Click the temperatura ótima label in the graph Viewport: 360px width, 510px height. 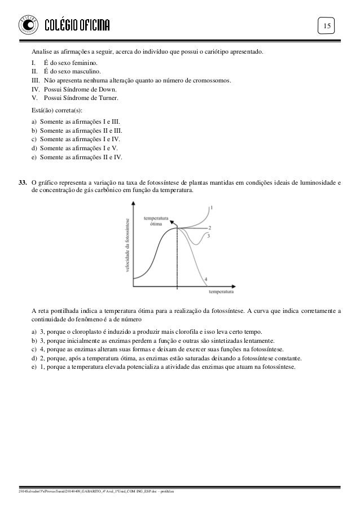(157, 220)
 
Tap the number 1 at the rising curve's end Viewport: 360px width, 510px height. (212, 207)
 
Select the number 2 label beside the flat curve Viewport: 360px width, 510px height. (209, 228)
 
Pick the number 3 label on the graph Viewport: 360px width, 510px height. (209, 236)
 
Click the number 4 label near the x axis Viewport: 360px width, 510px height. (205, 279)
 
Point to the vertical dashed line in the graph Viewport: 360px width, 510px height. (177, 260)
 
